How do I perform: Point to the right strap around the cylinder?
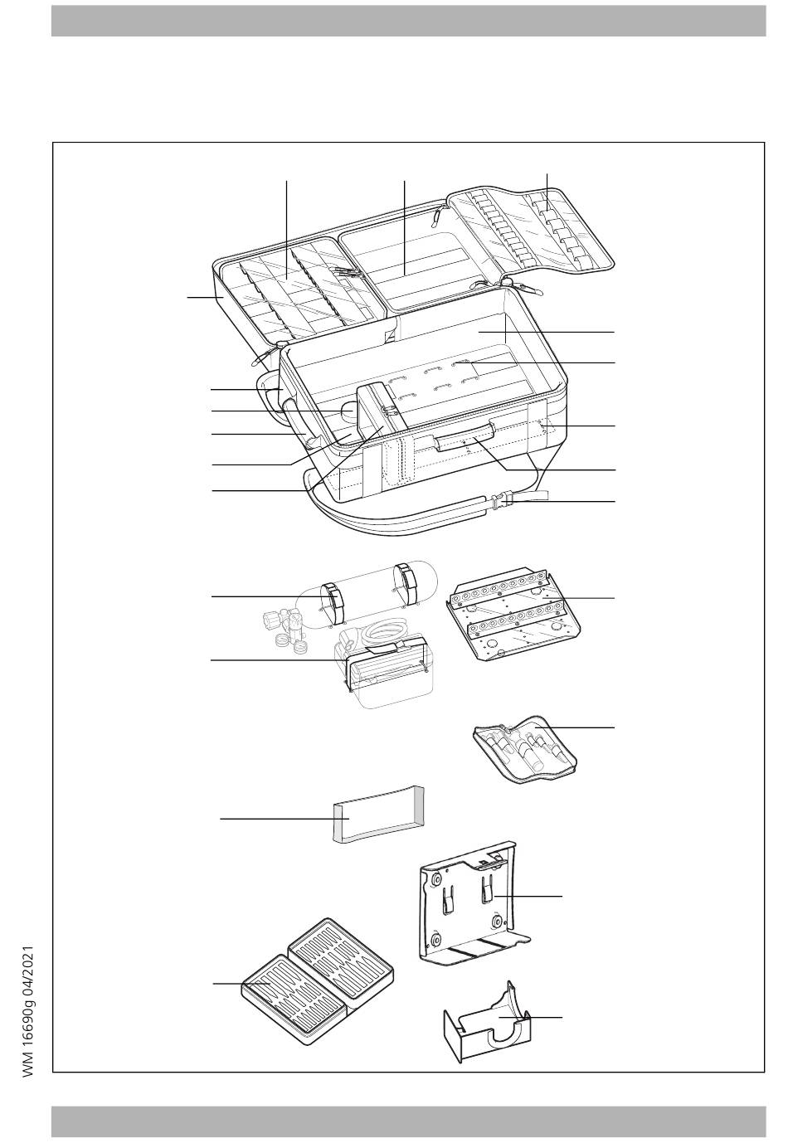(408, 579)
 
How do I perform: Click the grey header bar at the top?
(408, 21)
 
